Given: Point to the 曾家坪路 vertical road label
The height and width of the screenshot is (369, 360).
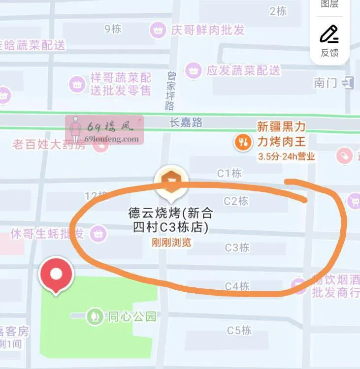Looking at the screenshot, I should (x=171, y=91).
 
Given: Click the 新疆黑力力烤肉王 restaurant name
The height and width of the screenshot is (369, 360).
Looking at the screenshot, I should (x=281, y=134).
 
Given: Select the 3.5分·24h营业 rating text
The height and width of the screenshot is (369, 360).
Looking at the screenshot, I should (x=286, y=157).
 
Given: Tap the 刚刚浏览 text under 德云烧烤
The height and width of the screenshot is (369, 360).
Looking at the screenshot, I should (x=171, y=243).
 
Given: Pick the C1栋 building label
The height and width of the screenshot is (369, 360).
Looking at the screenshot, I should (x=229, y=173).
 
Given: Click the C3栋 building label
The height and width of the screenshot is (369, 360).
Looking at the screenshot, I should (x=237, y=247).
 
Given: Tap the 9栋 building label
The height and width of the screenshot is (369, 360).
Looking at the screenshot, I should (x=113, y=29).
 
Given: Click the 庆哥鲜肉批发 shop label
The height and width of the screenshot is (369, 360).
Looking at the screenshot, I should (x=207, y=30).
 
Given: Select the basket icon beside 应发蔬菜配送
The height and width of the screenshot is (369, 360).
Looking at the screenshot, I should (x=194, y=70).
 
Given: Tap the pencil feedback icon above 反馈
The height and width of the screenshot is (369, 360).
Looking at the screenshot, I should (x=329, y=34).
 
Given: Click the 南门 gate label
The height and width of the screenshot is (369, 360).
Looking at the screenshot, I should (x=326, y=83).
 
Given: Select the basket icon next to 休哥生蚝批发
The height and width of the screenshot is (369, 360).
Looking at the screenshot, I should (x=99, y=233).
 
